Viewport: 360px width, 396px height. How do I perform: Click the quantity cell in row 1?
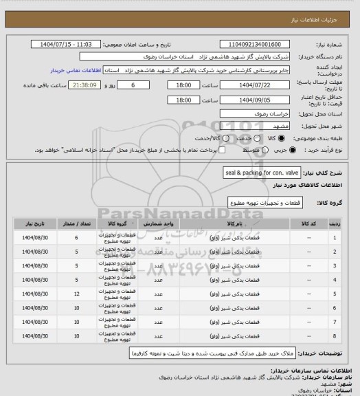pyautogui.click(x=76, y=238)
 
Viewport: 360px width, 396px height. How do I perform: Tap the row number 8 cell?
pyautogui.click(x=335, y=337)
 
